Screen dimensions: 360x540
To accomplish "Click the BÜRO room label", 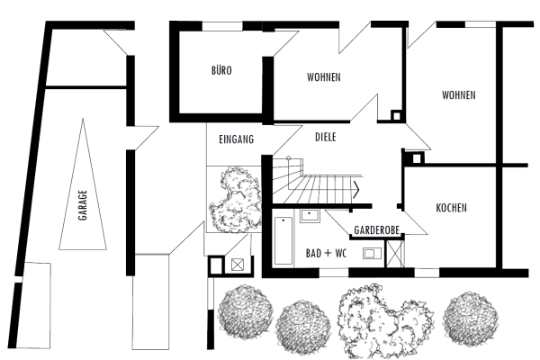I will pos(220,69).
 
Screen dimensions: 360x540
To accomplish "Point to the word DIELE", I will pos(326,139).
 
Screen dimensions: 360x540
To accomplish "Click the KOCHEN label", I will pos(451,209).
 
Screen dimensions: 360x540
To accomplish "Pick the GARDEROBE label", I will pos(376,229).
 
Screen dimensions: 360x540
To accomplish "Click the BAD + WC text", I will pos(327,253).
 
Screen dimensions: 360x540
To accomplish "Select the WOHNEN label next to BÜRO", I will pos(323,77).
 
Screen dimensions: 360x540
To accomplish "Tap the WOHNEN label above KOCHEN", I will pos(458,95).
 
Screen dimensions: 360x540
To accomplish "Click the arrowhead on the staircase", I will pos(359,189).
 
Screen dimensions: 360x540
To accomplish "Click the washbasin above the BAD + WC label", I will pos(310,216).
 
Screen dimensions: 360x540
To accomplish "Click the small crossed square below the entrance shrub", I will pos(238,265).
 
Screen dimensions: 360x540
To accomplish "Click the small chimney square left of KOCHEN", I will pos(416,157).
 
